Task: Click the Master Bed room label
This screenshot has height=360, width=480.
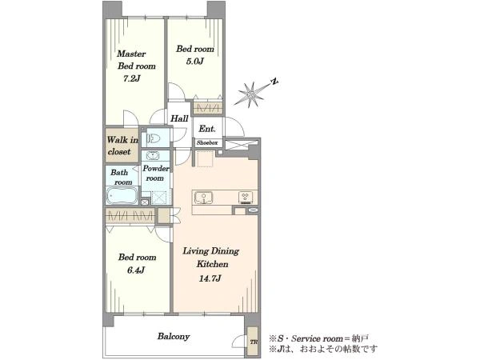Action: point(136,60)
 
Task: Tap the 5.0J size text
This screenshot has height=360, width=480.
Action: point(194,62)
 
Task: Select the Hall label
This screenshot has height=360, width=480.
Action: point(179,118)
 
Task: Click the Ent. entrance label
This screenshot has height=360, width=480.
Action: point(207,129)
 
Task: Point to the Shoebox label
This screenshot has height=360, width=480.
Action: point(207,142)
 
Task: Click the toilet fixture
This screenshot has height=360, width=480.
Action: point(154,139)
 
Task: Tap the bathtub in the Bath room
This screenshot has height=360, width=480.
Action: point(122,195)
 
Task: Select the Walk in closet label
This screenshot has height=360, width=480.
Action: point(122,146)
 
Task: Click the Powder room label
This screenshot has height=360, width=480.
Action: point(155,174)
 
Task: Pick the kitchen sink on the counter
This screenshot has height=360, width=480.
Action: point(203,198)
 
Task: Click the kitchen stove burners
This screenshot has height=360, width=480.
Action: point(246,198)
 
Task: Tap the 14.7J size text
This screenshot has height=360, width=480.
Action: point(210,278)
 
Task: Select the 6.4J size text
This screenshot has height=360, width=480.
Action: point(136,270)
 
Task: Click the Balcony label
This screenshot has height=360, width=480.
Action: point(174,337)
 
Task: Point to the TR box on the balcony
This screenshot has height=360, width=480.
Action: point(253,342)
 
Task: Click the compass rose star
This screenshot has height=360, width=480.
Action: point(251,94)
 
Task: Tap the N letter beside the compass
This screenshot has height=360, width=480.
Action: point(274,82)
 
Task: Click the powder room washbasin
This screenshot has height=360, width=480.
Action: point(153,156)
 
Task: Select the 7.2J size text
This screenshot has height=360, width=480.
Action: point(131,78)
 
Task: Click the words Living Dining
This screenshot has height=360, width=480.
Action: point(211,251)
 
